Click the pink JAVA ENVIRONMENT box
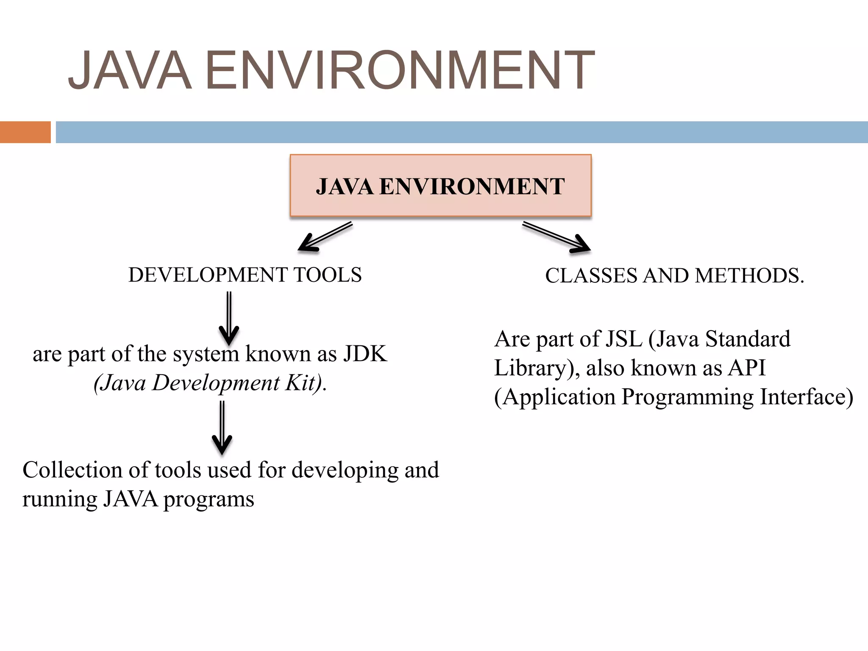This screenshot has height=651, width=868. pyautogui.click(x=440, y=186)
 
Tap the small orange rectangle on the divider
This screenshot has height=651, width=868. pyautogui.click(x=25, y=132)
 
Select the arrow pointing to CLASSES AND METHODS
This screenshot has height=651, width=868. pyautogui.click(x=556, y=237)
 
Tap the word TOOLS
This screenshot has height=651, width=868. pyautogui.click(x=328, y=275)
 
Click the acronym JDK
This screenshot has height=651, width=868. pyautogui.click(x=364, y=353)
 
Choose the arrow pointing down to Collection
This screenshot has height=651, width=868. pyautogui.click(x=222, y=428)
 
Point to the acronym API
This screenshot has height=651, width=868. pyautogui.click(x=747, y=368)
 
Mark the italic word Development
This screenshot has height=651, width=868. pyautogui.click(x=216, y=383)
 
